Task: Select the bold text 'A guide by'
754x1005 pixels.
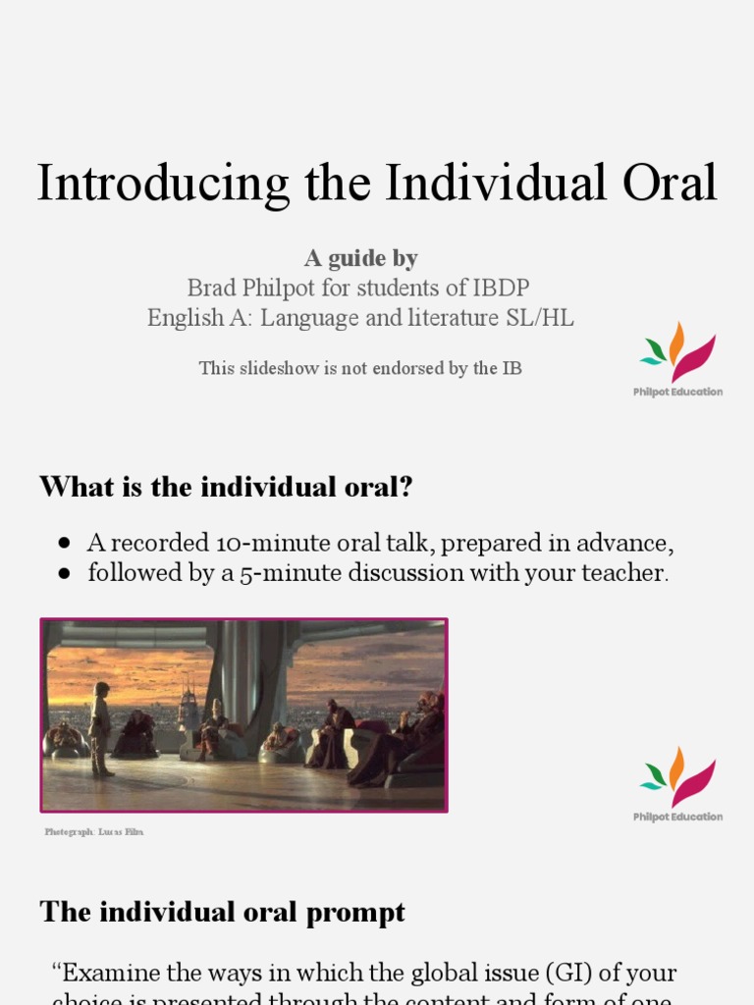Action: pos(360,258)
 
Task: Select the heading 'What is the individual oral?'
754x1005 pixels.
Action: pos(226,487)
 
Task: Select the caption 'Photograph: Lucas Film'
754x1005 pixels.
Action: pos(94,832)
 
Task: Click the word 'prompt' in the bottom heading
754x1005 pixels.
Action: pos(355,912)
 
